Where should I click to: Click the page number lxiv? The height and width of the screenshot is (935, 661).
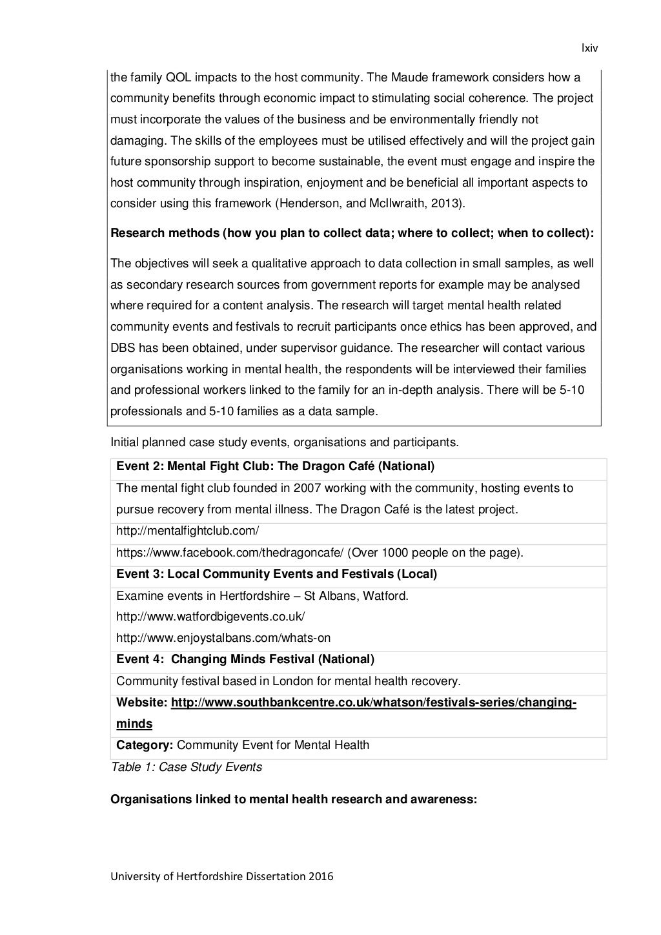pyautogui.click(x=590, y=48)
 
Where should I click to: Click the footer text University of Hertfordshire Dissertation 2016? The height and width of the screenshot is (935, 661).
pyautogui.click(x=222, y=876)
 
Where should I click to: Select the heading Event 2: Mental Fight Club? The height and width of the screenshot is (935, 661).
pyautogui.click(x=275, y=466)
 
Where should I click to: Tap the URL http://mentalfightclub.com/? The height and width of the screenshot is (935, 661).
pyautogui.click(x=187, y=531)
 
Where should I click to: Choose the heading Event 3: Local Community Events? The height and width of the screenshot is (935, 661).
pyautogui.click(x=276, y=573)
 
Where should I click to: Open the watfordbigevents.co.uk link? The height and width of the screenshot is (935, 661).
pyautogui.click(x=210, y=616)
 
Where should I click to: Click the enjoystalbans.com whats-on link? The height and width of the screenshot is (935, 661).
pyautogui.click(x=223, y=637)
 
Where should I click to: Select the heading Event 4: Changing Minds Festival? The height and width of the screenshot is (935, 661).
pyautogui.click(x=245, y=659)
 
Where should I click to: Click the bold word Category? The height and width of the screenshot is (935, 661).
pyautogui.click(x=145, y=745)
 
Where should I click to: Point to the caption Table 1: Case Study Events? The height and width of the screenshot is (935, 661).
pyautogui.click(x=187, y=766)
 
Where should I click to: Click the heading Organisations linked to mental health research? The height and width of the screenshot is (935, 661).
pyautogui.click(x=294, y=799)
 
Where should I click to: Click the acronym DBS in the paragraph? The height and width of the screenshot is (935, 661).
pyautogui.click(x=123, y=348)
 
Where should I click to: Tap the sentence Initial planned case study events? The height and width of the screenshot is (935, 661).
pyautogui.click(x=285, y=442)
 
